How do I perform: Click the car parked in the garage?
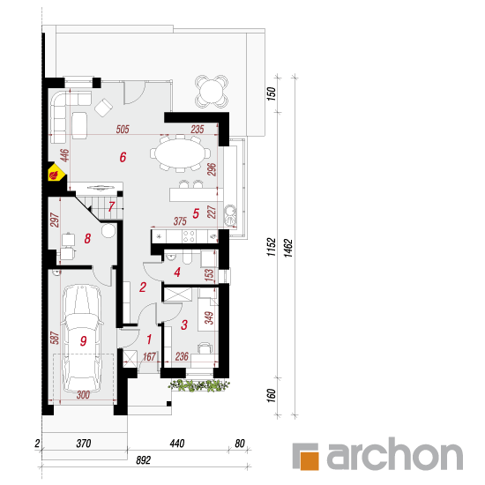click(x=82, y=339)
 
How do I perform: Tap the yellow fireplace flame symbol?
click(x=55, y=174)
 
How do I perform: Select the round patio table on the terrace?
click(x=212, y=91)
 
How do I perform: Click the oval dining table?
click(x=180, y=153)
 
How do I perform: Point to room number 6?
click(x=123, y=157)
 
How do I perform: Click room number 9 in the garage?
click(x=83, y=341)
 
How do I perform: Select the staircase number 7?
click(x=111, y=206)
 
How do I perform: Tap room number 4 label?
click(x=177, y=272)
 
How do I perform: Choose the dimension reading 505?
click(x=123, y=129)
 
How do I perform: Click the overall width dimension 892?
click(x=143, y=460)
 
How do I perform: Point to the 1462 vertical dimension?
click(x=288, y=248)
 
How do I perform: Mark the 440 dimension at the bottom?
click(x=177, y=444)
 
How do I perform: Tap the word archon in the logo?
click(x=394, y=454)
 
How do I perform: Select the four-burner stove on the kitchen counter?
click(x=189, y=236)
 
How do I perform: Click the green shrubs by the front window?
click(x=198, y=385)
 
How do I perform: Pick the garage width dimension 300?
click(x=83, y=395)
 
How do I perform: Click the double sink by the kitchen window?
click(x=230, y=214)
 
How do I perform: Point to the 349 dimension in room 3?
click(x=209, y=317)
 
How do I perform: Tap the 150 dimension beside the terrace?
click(x=271, y=93)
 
